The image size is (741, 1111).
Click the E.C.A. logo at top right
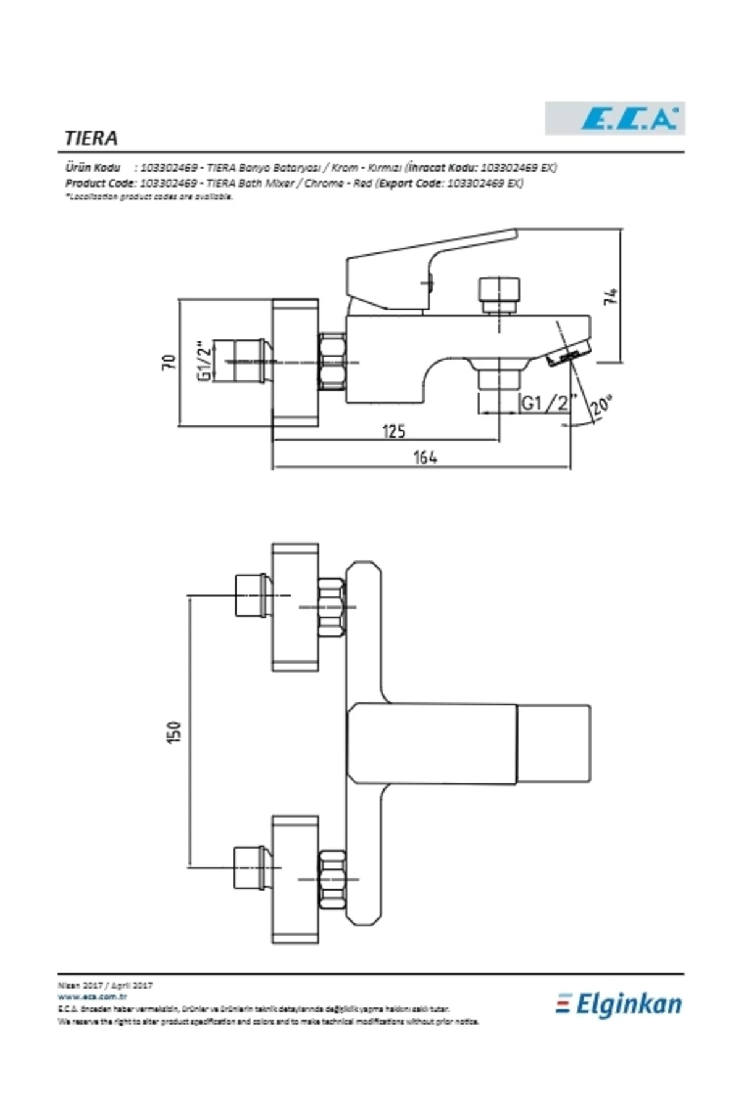[x=614, y=119]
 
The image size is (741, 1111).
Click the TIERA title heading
[x=91, y=138]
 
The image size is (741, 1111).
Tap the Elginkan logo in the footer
[x=619, y=1004]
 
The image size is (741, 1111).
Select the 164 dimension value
[x=425, y=457]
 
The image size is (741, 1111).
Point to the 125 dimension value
[x=393, y=430]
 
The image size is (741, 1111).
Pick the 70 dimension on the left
[x=169, y=362]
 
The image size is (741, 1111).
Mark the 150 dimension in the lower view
[x=175, y=733]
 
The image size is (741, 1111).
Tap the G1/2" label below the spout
[x=546, y=403]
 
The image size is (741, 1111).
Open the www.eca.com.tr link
[x=93, y=996]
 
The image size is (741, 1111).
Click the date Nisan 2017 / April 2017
[x=105, y=986]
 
